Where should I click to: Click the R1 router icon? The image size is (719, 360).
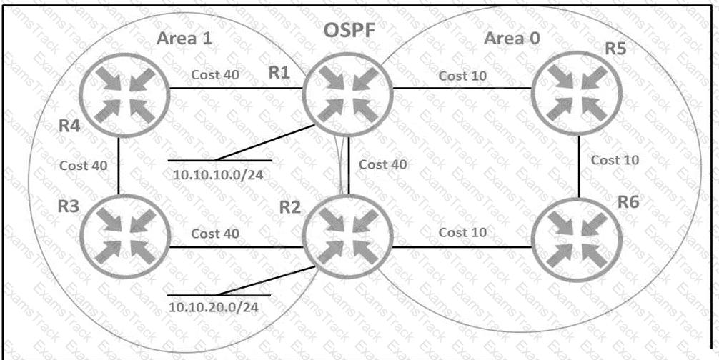[347, 95]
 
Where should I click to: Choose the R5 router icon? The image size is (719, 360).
[577, 95]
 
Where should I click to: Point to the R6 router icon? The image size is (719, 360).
[577, 236]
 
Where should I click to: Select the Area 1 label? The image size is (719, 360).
[185, 39]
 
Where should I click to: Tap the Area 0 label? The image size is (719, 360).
[512, 39]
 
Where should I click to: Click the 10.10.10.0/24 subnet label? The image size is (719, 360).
[218, 174]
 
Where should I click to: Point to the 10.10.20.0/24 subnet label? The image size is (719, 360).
[213, 307]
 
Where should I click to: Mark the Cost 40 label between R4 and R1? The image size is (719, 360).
[215, 75]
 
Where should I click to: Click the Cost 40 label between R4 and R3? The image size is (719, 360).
[84, 165]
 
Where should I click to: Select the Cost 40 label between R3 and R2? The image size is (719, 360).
[215, 234]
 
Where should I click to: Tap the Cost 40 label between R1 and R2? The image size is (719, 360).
[383, 164]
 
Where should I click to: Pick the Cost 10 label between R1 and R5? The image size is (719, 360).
[462, 76]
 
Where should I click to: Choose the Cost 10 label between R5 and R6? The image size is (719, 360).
[615, 160]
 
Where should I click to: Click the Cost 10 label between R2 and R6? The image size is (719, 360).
[462, 233]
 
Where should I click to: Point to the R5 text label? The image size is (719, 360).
[616, 49]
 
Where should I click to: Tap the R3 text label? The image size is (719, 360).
[69, 207]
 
